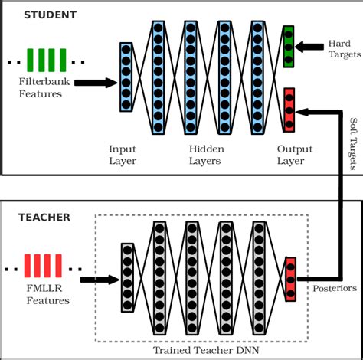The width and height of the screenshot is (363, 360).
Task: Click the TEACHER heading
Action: click(x=45, y=218)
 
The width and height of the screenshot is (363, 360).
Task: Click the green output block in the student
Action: click(x=288, y=46)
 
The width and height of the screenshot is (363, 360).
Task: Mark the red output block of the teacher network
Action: click(x=290, y=277)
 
